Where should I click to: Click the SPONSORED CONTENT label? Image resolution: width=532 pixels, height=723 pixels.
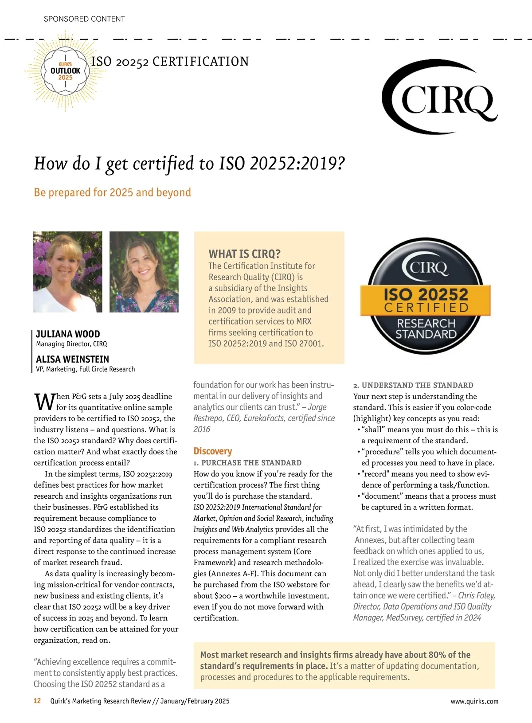84,19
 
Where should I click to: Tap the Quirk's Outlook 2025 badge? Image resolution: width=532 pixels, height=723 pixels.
65,71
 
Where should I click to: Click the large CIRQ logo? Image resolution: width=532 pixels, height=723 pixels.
439,98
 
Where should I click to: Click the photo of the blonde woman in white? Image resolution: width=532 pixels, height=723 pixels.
68,272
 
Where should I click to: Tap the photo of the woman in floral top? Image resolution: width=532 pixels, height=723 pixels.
144,272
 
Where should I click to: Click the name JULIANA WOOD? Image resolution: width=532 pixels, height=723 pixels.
68,334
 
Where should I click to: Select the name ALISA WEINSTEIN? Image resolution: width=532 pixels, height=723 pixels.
72,359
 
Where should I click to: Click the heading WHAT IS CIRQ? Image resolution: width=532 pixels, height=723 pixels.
244,254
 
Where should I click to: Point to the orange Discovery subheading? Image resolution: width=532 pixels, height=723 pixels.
212,451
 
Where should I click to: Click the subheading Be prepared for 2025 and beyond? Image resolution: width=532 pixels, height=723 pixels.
112,192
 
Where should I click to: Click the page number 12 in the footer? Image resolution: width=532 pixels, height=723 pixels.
37,701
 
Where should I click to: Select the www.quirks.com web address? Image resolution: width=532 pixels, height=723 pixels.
474,701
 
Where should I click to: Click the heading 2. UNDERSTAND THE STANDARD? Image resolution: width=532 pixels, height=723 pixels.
413,385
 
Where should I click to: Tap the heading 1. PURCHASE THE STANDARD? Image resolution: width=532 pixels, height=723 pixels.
247,463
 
